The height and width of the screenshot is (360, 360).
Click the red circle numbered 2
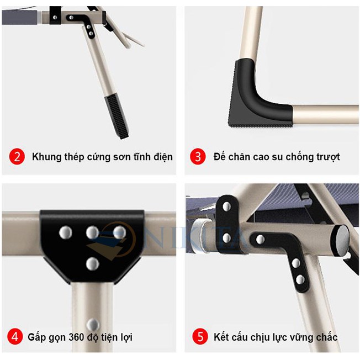click(17, 156)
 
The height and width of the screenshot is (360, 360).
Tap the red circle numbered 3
click(198, 156)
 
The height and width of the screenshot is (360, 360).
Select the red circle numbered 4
click(15, 336)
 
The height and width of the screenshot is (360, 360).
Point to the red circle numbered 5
click(200, 336)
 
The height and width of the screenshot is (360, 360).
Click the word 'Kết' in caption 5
click(223, 336)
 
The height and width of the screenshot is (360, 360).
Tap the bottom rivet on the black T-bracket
click(92, 263)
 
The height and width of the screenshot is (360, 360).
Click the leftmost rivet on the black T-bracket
click(66, 232)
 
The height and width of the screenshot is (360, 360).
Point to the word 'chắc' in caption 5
click(326, 336)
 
